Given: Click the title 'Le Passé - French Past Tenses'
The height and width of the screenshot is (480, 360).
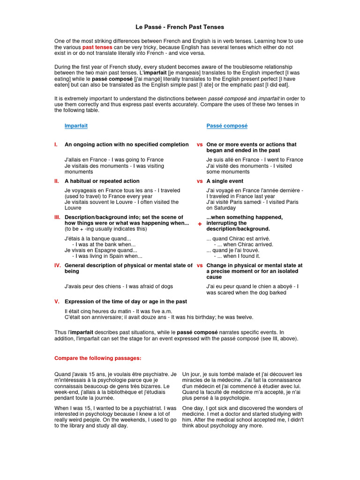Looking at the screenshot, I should [180, 27].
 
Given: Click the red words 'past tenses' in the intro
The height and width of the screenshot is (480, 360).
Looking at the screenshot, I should [95, 47].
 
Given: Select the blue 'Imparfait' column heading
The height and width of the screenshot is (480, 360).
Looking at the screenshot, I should [76, 126].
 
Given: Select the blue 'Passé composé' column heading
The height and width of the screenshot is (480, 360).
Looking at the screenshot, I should [227, 126].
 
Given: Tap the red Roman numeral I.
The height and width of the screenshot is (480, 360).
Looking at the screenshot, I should [56, 145].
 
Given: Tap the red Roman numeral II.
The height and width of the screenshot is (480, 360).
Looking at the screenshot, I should [56, 181].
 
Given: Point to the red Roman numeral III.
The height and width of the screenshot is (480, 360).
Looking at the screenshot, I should [57, 217].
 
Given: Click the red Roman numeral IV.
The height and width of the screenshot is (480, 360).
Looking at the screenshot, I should [57, 265].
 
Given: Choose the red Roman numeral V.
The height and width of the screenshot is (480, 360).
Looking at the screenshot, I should [56, 301].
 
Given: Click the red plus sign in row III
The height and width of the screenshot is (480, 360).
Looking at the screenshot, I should [200, 225].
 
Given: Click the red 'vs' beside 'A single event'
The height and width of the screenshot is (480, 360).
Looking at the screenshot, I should [200, 181].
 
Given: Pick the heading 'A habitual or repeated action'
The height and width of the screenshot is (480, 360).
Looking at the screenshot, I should [102, 181].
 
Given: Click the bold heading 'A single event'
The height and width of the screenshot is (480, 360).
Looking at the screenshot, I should [225, 181].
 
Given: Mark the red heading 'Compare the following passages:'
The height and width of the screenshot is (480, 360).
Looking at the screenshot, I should [97, 358].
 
